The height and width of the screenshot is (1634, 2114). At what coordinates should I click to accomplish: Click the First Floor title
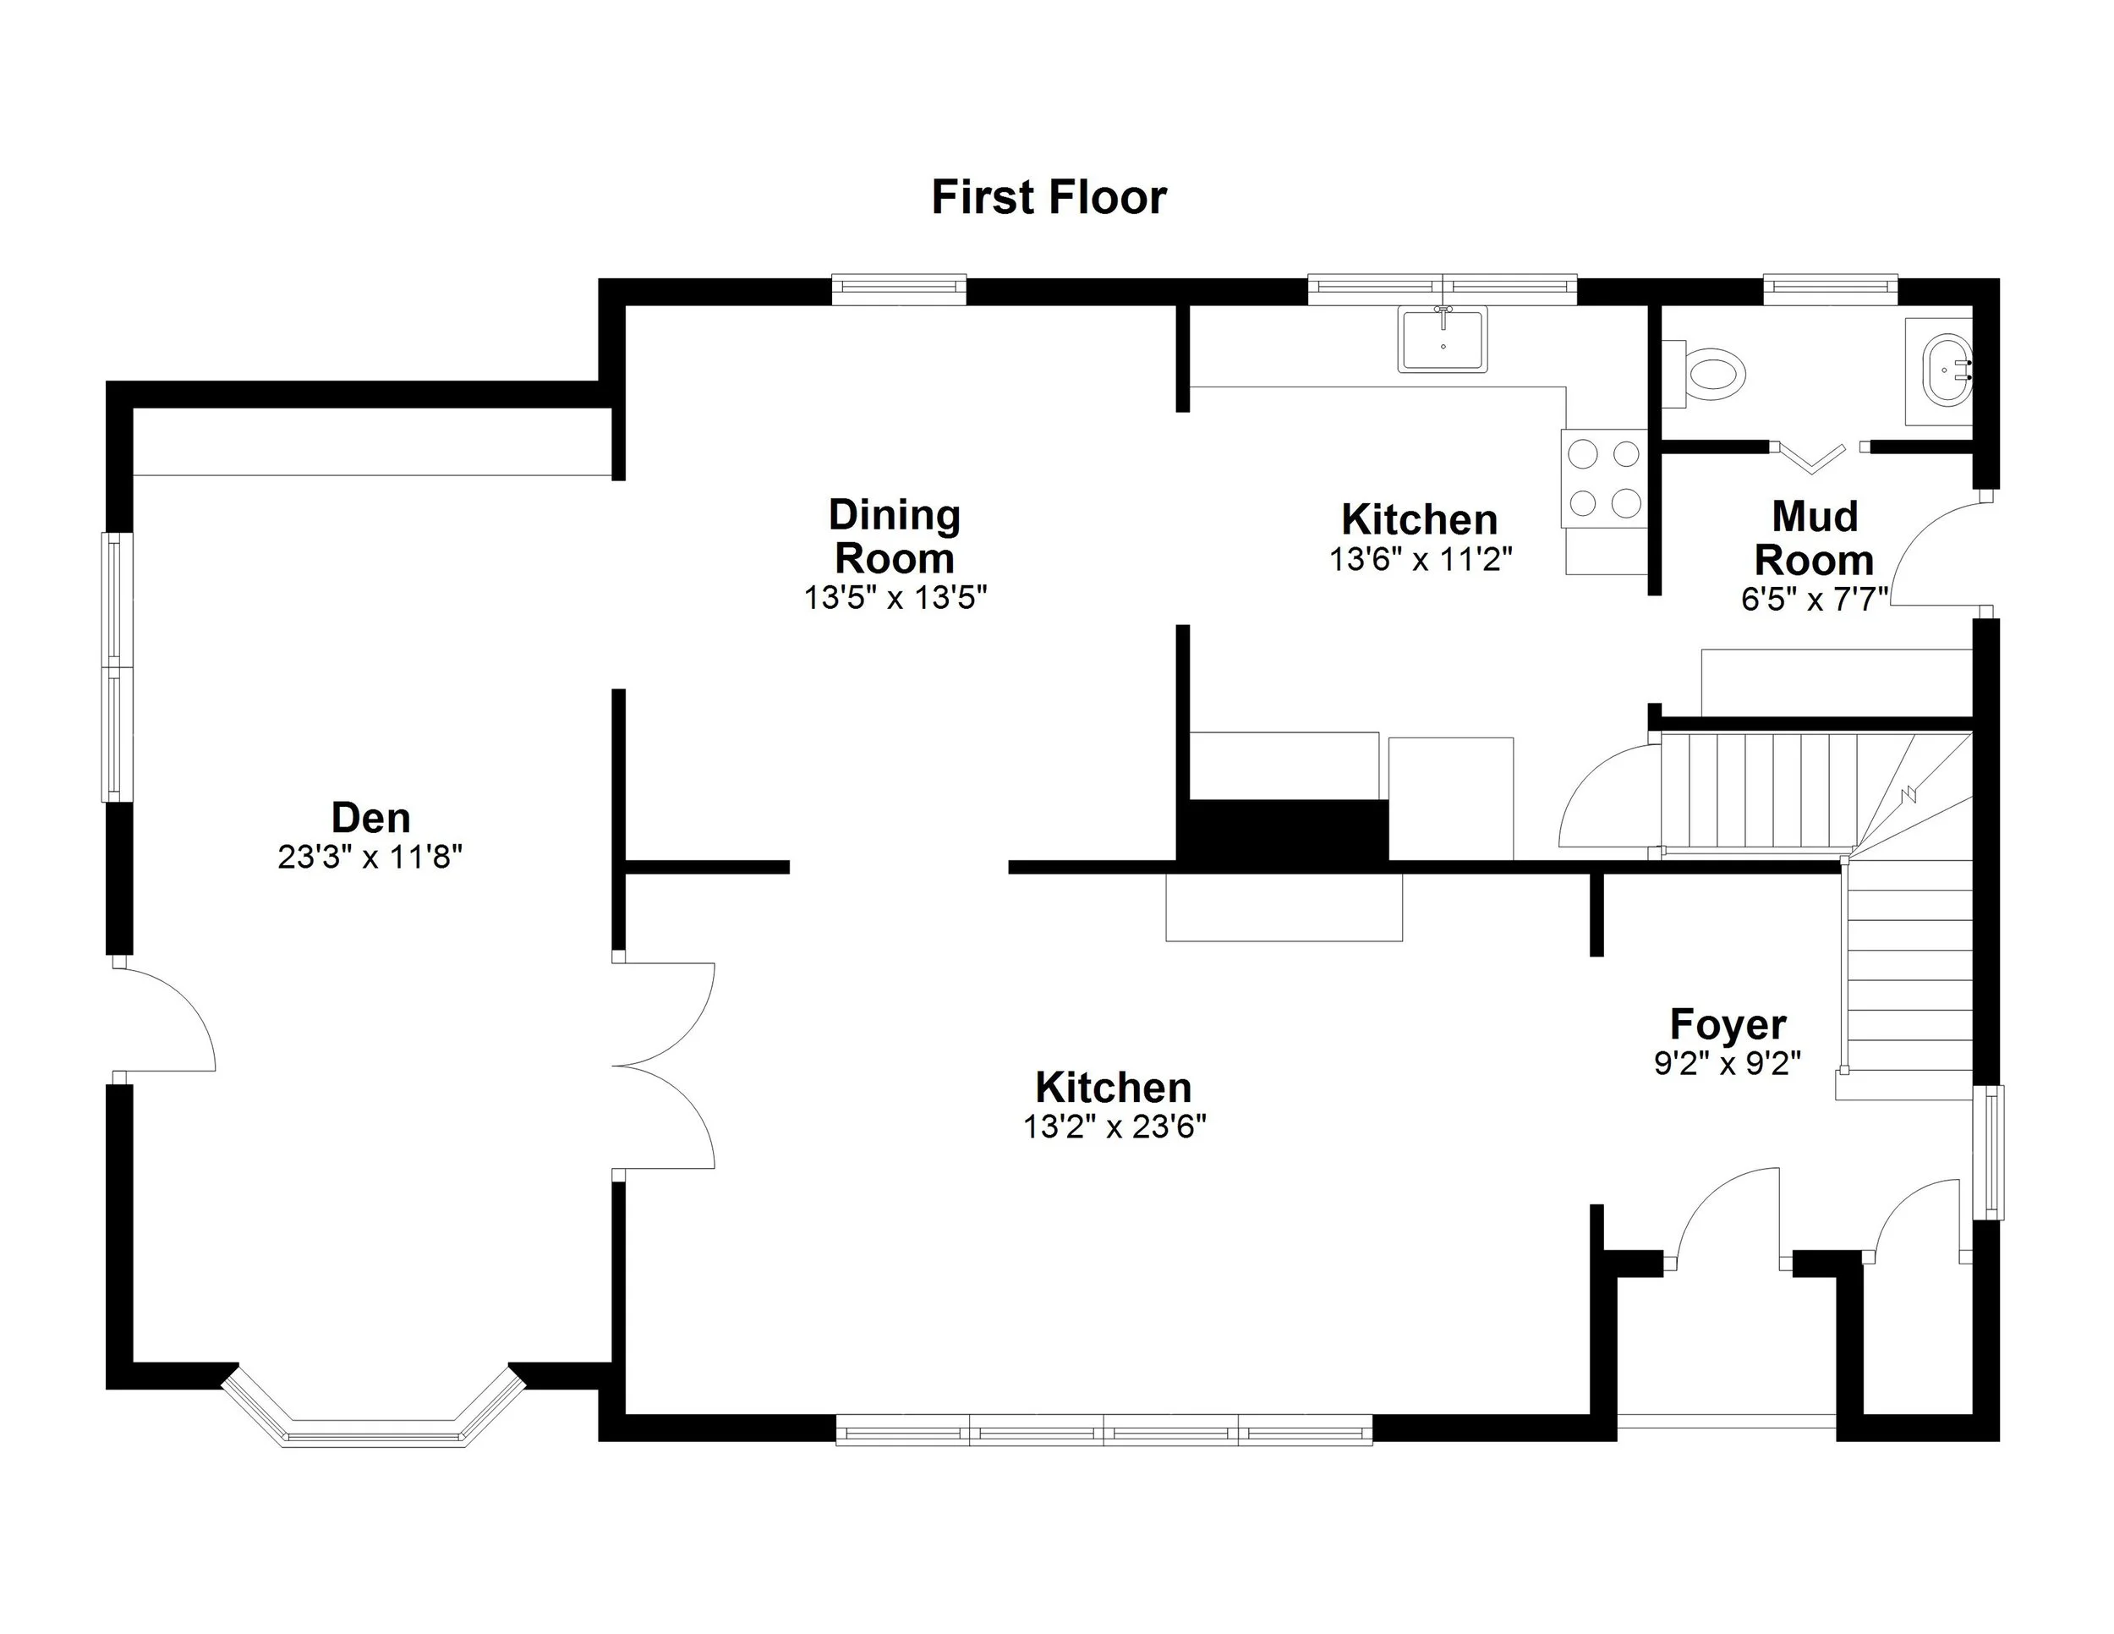pyautogui.click(x=1049, y=197)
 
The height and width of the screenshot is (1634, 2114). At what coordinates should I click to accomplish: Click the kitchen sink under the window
pyautogui.click(x=1443, y=339)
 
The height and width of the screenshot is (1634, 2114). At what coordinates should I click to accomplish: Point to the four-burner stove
pyautogui.click(x=1604, y=478)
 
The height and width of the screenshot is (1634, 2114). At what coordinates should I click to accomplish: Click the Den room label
pyautogui.click(x=370, y=818)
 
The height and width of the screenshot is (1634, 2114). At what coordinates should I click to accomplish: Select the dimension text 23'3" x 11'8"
pyautogui.click(x=370, y=858)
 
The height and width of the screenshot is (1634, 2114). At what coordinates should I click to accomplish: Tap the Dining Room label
pyautogui.click(x=895, y=536)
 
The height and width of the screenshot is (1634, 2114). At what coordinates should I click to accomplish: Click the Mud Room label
pyautogui.click(x=1814, y=538)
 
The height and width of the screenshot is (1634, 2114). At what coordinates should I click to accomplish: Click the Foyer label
pyautogui.click(x=1728, y=1024)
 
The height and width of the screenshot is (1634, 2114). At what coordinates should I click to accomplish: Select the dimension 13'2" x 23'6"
pyautogui.click(x=1115, y=1127)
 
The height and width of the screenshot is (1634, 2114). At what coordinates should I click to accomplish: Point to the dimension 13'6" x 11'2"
pyautogui.click(x=1420, y=560)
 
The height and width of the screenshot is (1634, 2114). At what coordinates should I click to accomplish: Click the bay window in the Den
pyautogui.click(x=374, y=1432)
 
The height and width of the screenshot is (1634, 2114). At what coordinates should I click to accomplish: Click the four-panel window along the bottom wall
pyautogui.click(x=1104, y=1429)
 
